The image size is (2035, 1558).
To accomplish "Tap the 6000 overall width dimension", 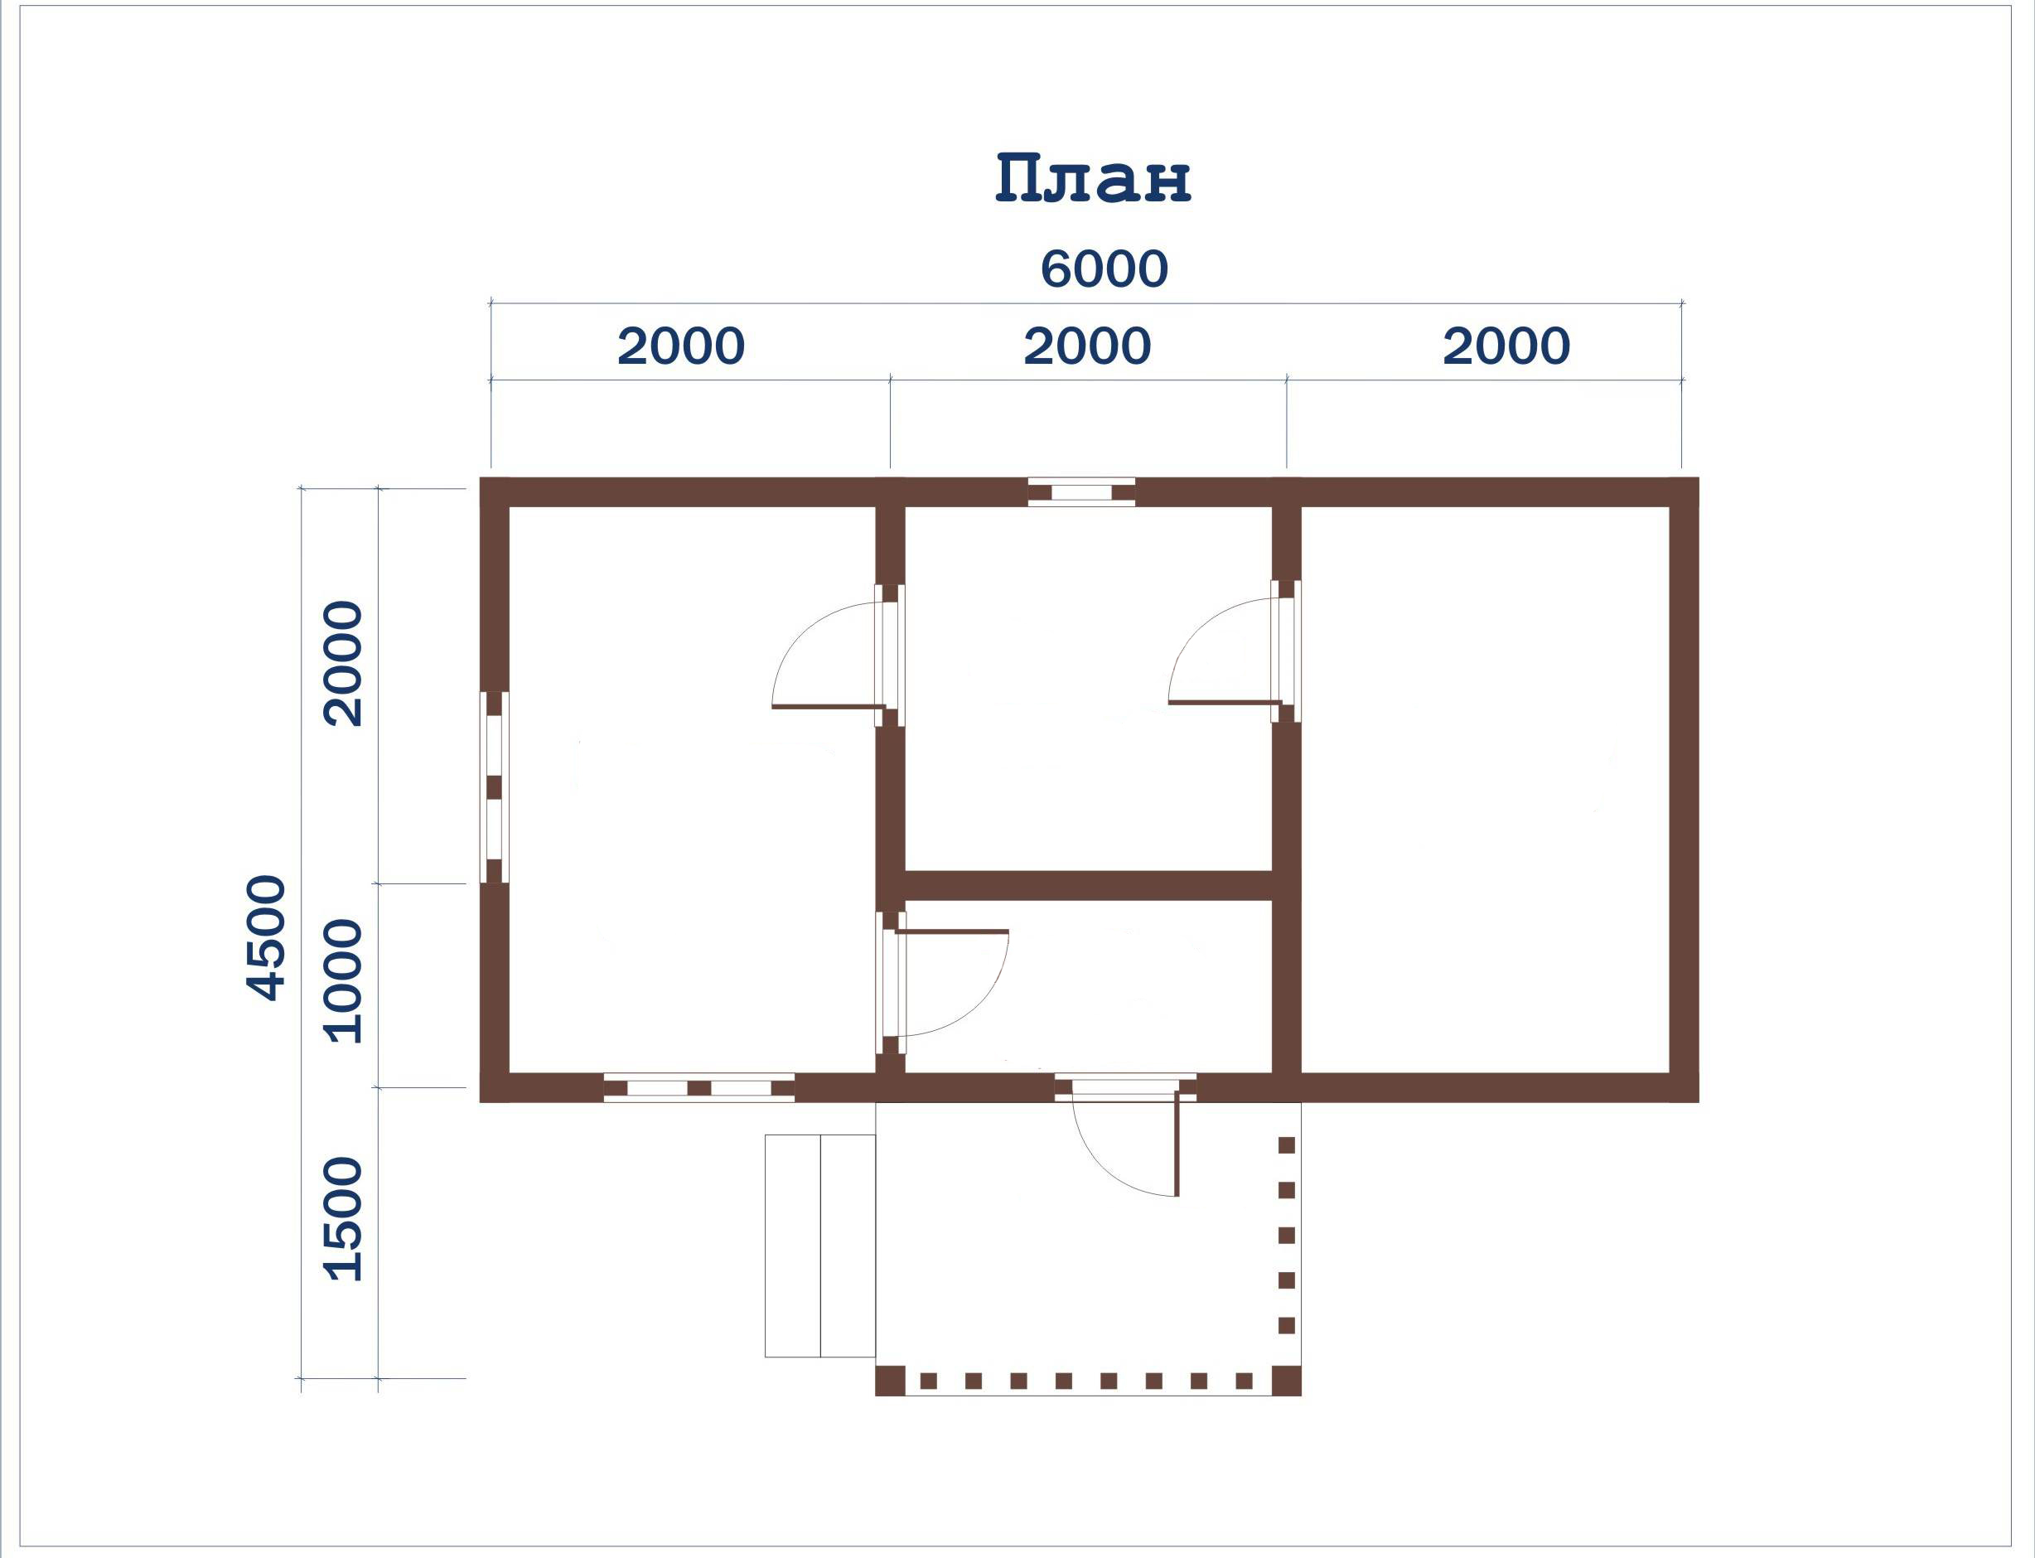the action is (x=1103, y=269).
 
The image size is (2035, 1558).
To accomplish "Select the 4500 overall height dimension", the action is (x=266, y=937).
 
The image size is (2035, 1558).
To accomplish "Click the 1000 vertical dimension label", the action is (x=342, y=981).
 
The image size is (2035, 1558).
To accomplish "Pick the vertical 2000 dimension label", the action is (x=342, y=663).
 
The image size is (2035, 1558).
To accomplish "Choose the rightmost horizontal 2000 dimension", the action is (x=1506, y=346).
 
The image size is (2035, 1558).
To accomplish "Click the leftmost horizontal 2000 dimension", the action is (x=680, y=346).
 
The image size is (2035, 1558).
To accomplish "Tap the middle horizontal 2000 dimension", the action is (x=1086, y=346).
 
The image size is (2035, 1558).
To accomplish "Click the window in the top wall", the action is (x=1081, y=491).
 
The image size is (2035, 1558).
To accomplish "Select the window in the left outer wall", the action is (x=494, y=787).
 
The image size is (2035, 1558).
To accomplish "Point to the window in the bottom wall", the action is (x=699, y=1088).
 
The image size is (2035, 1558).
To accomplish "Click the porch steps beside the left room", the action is (x=819, y=1246).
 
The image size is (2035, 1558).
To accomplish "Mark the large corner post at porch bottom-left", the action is (x=890, y=1381).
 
